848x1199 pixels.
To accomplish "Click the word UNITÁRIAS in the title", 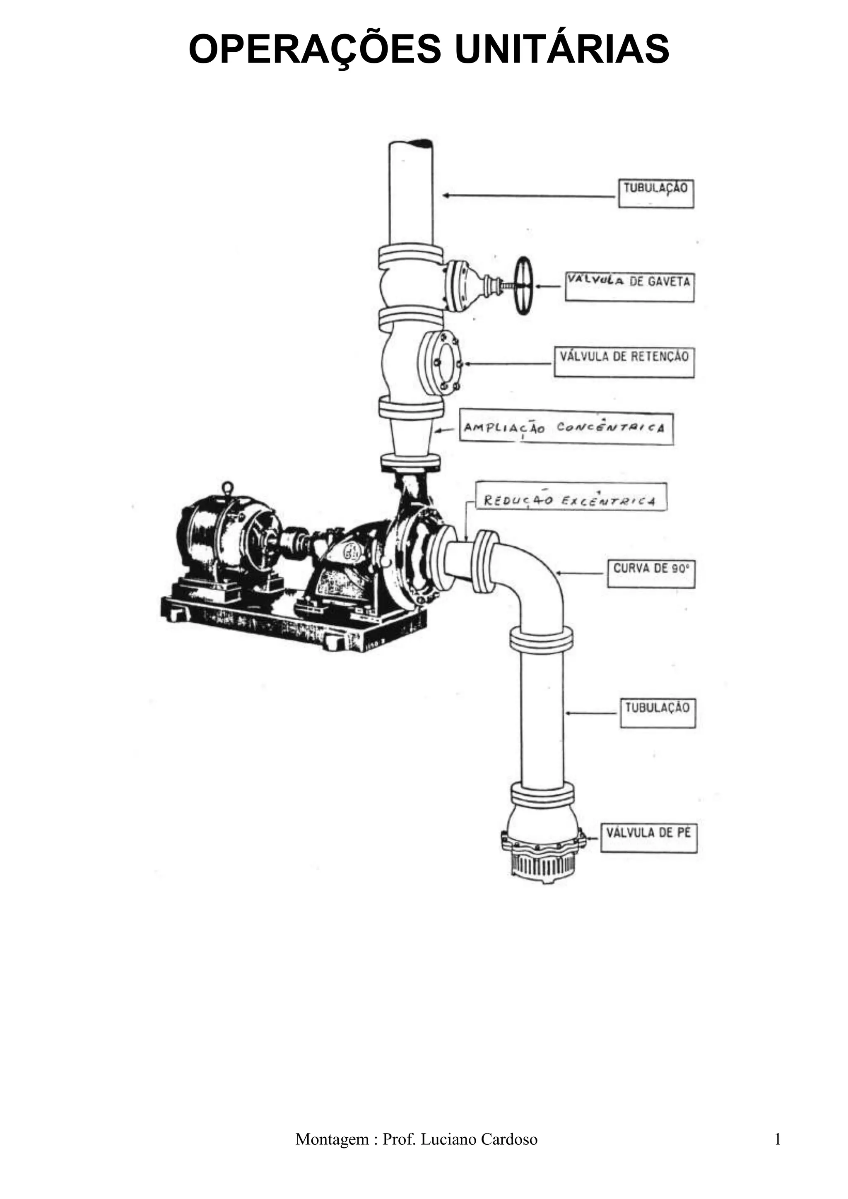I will (x=561, y=49).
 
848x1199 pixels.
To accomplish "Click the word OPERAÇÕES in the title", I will (x=315, y=49).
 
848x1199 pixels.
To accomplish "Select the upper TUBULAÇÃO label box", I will (x=656, y=193).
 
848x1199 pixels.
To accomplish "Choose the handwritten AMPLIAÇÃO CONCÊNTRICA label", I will (x=566, y=429).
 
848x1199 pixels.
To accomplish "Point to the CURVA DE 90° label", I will (x=650, y=573).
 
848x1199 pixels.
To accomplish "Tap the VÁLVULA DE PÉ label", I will (x=648, y=838).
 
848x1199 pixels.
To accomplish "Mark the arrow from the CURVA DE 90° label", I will (x=580, y=573).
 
